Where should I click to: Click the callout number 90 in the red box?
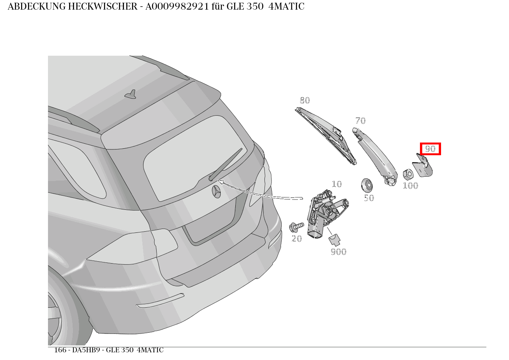click(430, 149)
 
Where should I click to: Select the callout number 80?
click(305, 100)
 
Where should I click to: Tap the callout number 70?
click(360, 121)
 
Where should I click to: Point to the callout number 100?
click(410, 186)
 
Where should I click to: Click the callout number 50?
click(369, 198)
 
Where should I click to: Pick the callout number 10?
click(337, 184)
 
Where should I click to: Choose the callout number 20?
click(297, 239)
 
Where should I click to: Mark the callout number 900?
click(339, 252)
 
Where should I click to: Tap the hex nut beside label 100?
click(408, 174)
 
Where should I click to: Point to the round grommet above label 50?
click(367, 185)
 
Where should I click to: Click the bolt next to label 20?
click(297, 226)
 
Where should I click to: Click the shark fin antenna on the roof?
click(131, 95)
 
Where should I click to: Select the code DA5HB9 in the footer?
click(86, 350)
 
